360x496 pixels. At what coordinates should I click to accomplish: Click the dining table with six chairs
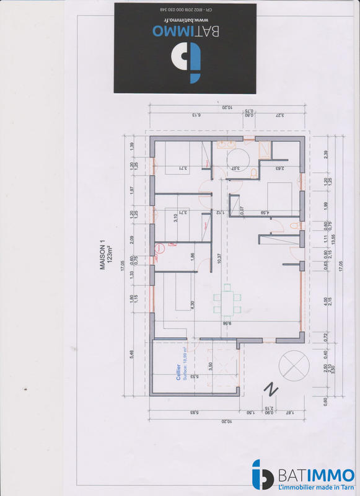227,301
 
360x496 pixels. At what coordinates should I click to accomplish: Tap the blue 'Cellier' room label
178,371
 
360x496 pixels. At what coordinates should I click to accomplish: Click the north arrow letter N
271,389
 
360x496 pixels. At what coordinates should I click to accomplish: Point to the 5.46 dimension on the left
131,355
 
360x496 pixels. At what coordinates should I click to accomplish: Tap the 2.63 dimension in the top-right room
281,168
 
